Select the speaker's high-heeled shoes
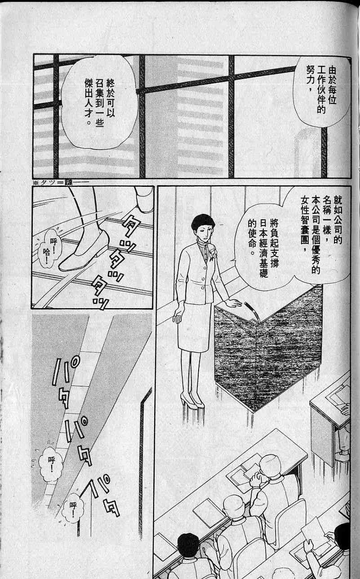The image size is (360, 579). pos(191,400)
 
